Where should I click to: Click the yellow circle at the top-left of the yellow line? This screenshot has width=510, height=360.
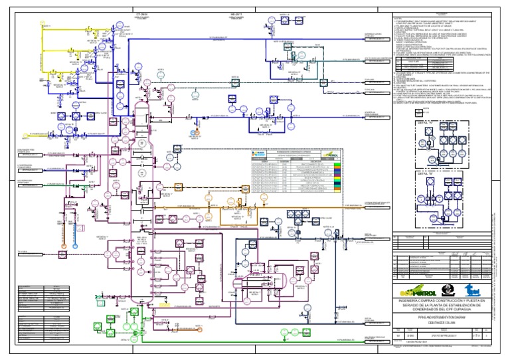pos(89,29)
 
